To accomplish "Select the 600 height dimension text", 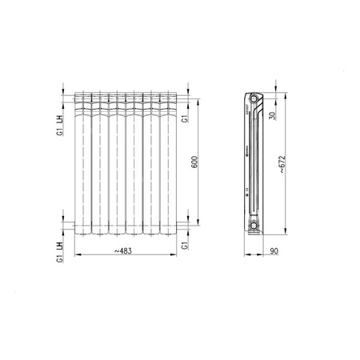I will pos(194,160).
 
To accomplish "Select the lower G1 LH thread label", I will pos(61,250).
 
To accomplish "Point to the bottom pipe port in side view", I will pos(255,226).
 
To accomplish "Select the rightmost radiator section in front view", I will pos(169,164).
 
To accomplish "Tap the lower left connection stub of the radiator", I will pos(71,226).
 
